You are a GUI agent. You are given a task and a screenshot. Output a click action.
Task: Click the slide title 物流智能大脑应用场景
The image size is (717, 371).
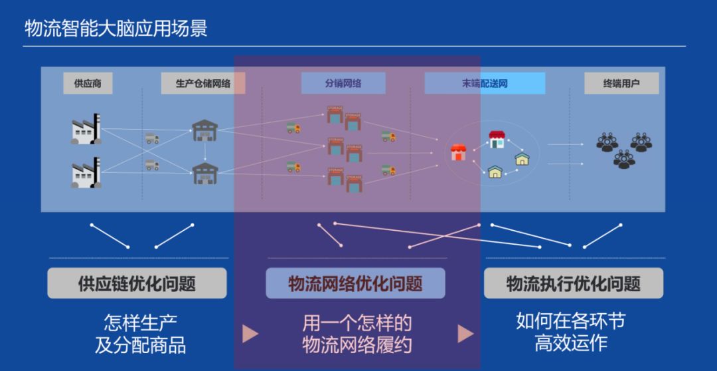click(116, 29)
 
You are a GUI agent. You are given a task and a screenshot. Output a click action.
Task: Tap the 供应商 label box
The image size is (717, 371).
click(88, 84)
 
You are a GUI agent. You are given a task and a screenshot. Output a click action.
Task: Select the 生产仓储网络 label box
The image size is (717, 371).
click(203, 84)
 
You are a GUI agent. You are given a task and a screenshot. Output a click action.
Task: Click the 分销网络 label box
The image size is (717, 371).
click(344, 84)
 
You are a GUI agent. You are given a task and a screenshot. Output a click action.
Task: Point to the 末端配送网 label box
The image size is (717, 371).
click(485, 84)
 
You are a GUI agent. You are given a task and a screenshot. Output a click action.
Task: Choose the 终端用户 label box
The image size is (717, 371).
click(621, 84)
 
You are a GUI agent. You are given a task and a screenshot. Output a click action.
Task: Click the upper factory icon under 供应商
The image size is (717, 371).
click(86, 129)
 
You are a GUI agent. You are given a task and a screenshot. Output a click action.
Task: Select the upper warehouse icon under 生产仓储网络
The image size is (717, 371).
click(204, 130)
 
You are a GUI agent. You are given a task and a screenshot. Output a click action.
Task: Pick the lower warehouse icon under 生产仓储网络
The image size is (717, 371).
click(204, 173)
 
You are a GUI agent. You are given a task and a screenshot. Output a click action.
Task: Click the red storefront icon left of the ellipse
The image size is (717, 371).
click(458, 152)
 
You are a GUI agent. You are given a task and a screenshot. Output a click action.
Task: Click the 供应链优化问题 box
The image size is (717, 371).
click(137, 284)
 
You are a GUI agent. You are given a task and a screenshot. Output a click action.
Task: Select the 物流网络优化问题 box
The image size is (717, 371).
click(355, 284)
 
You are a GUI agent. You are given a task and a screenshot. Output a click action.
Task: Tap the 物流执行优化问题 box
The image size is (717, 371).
click(574, 284)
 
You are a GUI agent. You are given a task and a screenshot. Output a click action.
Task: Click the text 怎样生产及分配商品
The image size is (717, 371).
click(140, 334)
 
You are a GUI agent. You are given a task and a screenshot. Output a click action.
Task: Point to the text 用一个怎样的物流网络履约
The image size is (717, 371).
click(357, 334)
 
